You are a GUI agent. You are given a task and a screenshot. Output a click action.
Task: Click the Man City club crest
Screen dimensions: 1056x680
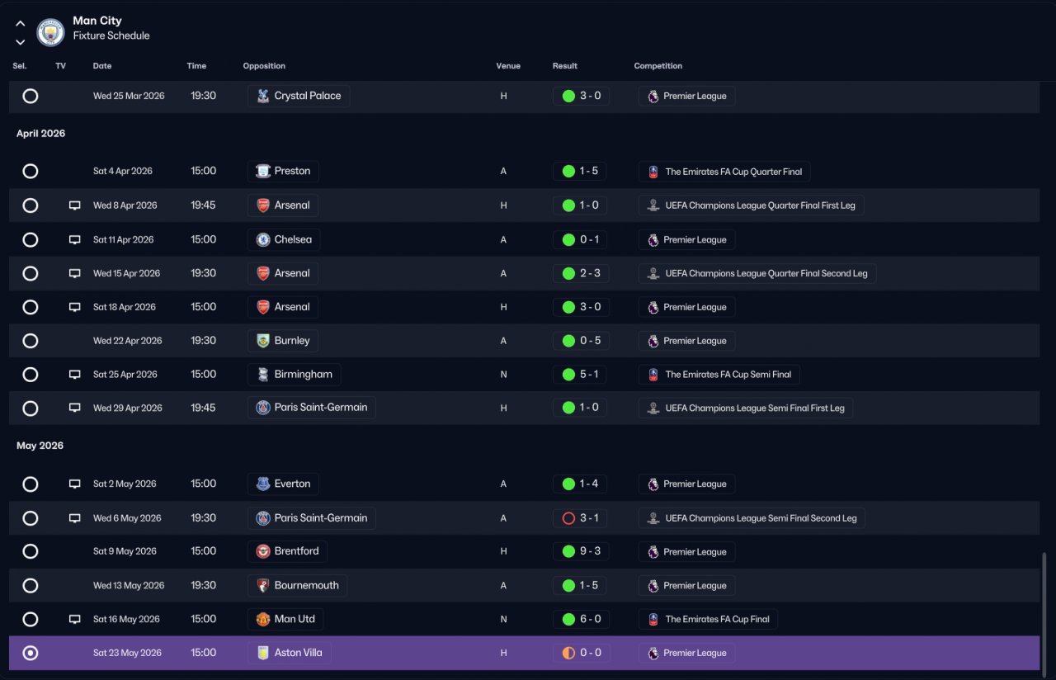50,32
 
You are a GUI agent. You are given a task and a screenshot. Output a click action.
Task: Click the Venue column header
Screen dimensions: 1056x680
507,66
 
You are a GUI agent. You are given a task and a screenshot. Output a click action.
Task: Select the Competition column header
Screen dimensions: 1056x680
658,66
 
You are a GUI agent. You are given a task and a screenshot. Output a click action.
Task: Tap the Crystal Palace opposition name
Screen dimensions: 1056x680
308,96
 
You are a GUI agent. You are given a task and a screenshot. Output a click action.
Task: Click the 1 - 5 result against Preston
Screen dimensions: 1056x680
588,171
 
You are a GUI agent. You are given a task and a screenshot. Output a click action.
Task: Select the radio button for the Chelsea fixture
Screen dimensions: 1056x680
31,239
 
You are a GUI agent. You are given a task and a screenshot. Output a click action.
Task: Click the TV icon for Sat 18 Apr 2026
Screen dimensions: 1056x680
74,307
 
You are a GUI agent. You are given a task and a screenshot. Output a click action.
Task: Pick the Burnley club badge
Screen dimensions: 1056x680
262,341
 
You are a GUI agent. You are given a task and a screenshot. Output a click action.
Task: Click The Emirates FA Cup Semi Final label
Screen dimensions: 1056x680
728,375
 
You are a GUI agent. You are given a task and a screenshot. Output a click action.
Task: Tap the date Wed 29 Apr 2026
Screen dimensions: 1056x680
127,408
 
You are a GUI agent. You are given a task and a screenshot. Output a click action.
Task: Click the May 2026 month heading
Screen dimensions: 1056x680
40,446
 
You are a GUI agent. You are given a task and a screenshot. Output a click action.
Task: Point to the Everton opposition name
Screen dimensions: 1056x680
292,484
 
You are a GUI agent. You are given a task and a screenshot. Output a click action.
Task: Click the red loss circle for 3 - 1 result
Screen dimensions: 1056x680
568,518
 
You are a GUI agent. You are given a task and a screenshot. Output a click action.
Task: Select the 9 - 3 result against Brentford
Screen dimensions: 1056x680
590,550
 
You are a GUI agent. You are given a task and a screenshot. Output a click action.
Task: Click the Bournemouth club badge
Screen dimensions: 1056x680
262,585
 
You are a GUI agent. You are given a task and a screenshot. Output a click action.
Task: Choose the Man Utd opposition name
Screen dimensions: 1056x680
295,619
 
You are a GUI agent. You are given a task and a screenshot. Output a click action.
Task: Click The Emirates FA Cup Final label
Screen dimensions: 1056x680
717,619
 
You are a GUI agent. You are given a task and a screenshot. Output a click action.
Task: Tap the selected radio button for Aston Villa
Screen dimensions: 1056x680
31,653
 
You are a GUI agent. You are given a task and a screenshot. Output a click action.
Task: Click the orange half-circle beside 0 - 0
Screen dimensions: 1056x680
568,653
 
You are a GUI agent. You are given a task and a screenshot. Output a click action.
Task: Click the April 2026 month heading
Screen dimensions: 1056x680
40,134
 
